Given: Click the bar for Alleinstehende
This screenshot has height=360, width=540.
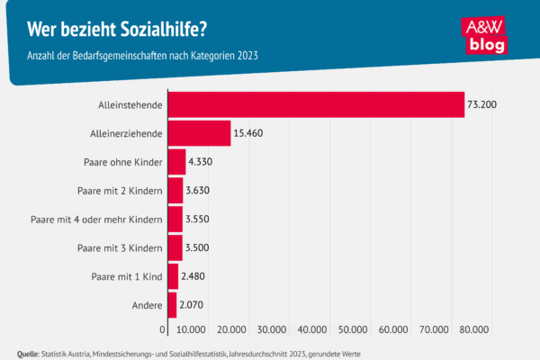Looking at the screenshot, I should click(315, 104).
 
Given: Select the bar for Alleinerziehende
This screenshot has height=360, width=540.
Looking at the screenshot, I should click(198, 133).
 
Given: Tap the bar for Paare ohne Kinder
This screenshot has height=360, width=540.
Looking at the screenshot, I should click(175, 162).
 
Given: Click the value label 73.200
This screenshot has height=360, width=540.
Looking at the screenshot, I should click(482, 105).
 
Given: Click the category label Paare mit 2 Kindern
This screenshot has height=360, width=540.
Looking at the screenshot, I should click(120, 191).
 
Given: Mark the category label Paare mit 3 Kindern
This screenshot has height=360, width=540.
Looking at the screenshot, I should click(120, 248).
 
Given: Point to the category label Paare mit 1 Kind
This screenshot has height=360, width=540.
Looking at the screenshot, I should click(125, 277).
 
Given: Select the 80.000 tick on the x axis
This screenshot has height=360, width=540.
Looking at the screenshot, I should click(474, 329).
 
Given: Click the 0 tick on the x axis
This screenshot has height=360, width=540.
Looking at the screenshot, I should click(163, 329).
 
